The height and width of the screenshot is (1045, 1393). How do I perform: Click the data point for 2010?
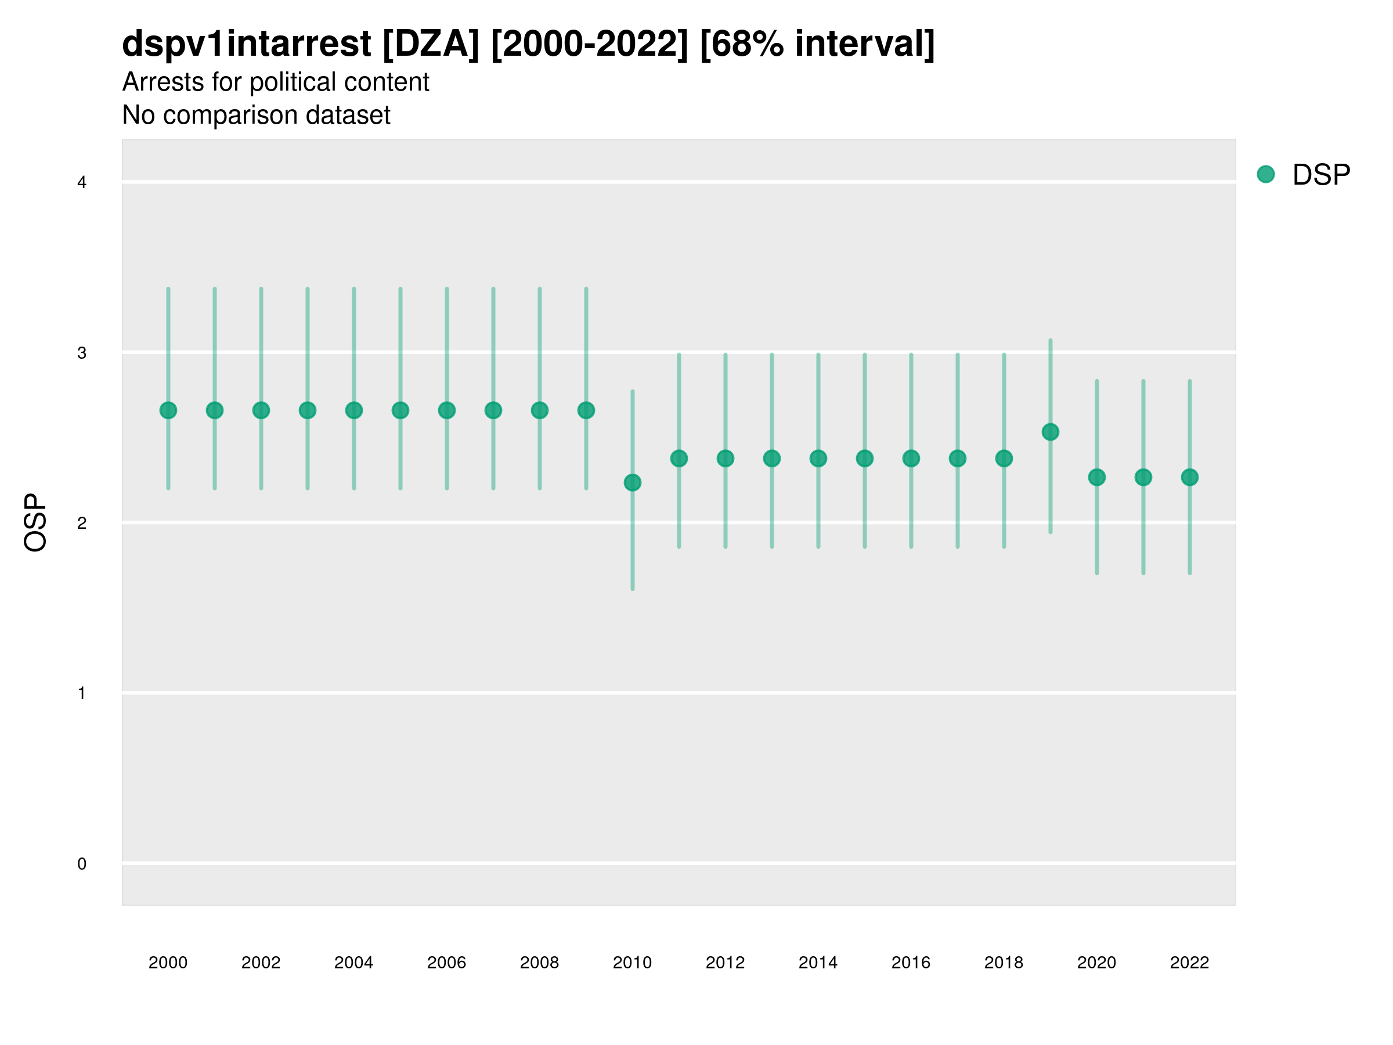pyautogui.click(x=632, y=482)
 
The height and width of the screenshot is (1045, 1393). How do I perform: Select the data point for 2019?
pyautogui.click(x=1051, y=432)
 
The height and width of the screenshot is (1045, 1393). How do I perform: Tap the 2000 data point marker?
pyautogui.click(x=168, y=410)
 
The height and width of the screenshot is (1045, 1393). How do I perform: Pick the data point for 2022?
pyautogui.click(x=1190, y=477)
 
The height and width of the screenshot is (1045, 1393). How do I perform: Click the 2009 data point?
pyautogui.click(x=586, y=410)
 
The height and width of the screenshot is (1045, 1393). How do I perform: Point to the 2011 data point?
pyautogui.click(x=679, y=459)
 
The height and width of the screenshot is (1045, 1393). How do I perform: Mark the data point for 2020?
pyautogui.click(x=1097, y=477)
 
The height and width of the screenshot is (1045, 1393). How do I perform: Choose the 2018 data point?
pyautogui.click(x=1004, y=459)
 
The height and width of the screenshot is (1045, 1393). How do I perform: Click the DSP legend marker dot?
pyautogui.click(x=1266, y=175)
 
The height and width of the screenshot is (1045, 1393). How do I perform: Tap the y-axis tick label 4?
pyautogui.click(x=82, y=183)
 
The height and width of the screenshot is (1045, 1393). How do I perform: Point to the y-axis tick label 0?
pyautogui.click(x=82, y=864)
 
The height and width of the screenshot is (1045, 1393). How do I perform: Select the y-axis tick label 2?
pyautogui.click(x=82, y=523)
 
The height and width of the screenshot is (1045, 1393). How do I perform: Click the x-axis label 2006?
pyautogui.click(x=446, y=963)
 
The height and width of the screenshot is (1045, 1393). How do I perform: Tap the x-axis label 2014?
pyautogui.click(x=818, y=963)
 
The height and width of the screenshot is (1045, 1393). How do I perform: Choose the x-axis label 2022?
pyautogui.click(x=1190, y=963)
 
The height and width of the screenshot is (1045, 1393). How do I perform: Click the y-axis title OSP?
pyautogui.click(x=35, y=523)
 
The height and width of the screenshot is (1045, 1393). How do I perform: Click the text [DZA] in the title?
pyautogui.click(x=431, y=44)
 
